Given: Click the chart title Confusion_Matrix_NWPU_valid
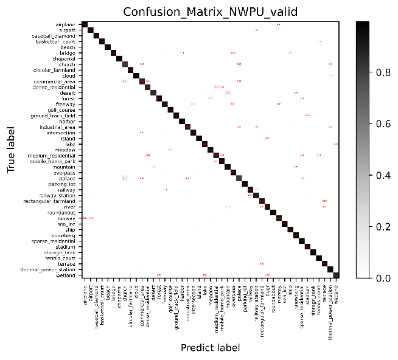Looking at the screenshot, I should click(x=211, y=13).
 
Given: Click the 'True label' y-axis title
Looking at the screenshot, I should click(x=12, y=150).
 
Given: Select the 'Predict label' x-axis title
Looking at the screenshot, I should click(x=210, y=347).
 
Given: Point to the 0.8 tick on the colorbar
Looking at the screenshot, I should click(x=383, y=72).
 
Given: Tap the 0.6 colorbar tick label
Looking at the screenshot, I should click(x=383, y=123).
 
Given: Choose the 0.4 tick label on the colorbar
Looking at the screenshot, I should click(x=383, y=175).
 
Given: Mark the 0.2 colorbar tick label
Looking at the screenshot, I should click(x=383, y=226).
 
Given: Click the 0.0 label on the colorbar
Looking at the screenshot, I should click(x=383, y=278).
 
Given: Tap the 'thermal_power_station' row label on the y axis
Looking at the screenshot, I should click(x=48, y=269).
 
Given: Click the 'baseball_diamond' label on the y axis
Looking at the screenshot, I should click(x=54, y=36).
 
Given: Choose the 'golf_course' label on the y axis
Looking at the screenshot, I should click(x=61, y=109).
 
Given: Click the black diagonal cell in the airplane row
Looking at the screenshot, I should click(x=85, y=24).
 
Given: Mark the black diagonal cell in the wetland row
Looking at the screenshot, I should click(x=336, y=275).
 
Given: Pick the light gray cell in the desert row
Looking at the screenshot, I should click(x=228, y=92).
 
